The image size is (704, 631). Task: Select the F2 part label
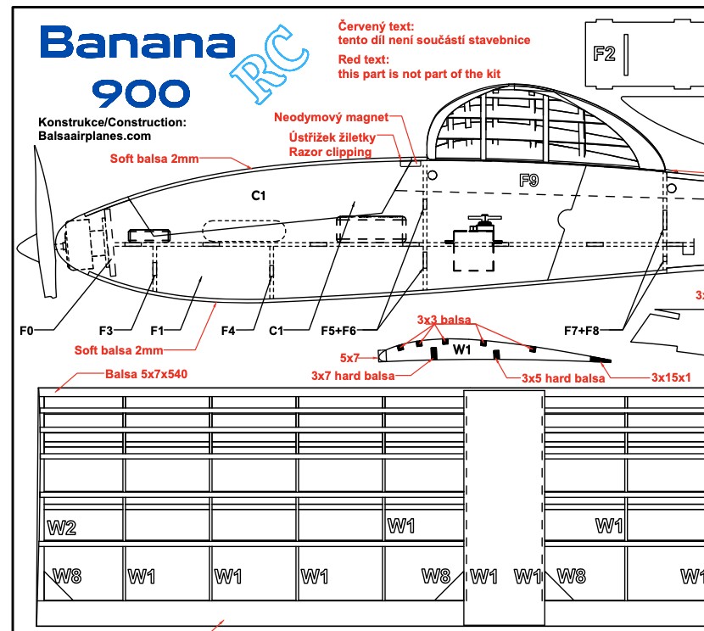coord(604,53)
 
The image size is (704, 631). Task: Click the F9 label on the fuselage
coord(528,180)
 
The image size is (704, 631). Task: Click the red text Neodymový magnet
coord(331,116)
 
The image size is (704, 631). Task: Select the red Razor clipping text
coord(330,152)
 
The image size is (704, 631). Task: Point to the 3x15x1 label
coord(672,377)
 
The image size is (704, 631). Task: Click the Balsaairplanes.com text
coord(95,135)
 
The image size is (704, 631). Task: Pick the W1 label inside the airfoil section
coord(461,349)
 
